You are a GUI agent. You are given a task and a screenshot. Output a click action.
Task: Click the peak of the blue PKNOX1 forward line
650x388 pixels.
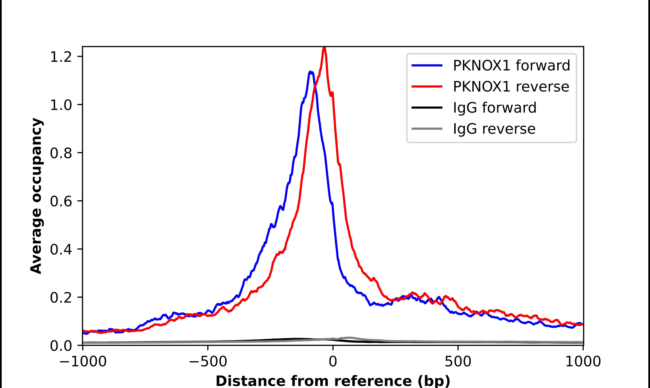coord(310,72)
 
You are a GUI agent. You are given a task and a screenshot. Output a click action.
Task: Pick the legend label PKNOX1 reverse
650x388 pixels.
coord(511,87)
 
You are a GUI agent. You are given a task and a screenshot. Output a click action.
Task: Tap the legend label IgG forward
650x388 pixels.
coord(494,108)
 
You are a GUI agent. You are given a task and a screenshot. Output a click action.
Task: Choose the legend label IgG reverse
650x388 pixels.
coord(494,129)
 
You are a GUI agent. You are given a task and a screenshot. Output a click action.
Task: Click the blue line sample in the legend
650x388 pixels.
coord(427,65)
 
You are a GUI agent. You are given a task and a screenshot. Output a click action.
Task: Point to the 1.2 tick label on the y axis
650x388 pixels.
coord(61,57)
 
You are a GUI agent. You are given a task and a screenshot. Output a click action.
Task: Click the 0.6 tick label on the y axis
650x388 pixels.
coord(61,201)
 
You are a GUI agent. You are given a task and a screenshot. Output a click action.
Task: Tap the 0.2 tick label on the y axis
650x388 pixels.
coord(61,297)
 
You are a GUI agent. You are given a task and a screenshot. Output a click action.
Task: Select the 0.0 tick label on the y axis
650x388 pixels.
coord(61,346)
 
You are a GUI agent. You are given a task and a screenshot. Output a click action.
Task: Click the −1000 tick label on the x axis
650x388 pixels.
coord(83,362)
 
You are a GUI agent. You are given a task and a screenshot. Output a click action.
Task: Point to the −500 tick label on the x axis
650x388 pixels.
coord(208,362)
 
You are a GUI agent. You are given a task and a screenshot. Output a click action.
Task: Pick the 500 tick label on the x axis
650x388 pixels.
coord(458,362)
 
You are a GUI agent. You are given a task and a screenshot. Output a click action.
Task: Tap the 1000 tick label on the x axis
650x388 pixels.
coord(583,362)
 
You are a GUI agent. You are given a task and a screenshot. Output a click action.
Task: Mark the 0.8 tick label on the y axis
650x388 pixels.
coord(61,153)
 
